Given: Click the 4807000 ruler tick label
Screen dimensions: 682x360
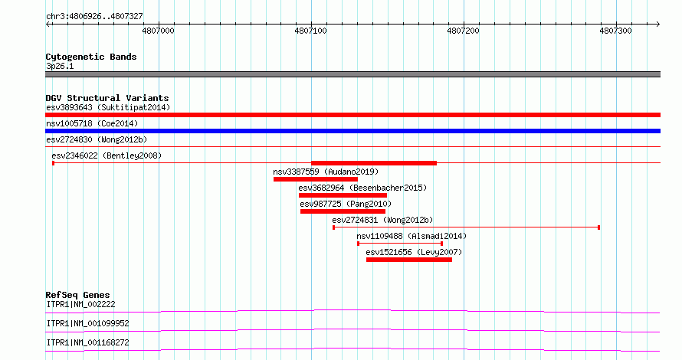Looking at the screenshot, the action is (158, 31).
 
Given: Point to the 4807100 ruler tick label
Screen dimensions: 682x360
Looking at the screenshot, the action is (310, 31).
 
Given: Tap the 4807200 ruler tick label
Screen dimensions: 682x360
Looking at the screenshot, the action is (463, 31).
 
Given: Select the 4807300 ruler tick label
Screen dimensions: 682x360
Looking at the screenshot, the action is (615, 31).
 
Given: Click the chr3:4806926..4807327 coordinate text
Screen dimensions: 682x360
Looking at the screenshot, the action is (94, 17).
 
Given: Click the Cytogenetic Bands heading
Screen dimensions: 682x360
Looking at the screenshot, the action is (91, 57).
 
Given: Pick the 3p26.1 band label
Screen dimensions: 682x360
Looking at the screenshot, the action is (60, 67).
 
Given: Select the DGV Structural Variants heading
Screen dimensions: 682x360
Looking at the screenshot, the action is (107, 98).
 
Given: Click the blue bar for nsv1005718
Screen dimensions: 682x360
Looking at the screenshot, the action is (352, 131).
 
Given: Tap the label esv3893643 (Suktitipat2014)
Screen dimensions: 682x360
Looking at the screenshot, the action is (108, 107).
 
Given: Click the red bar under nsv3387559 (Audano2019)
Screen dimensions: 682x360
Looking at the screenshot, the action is (316, 179).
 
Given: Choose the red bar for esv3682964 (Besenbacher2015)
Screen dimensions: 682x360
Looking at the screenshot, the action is (343, 195).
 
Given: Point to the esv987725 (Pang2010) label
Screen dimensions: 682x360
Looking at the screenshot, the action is (346, 204).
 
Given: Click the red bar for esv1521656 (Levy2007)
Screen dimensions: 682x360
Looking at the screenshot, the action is (409, 260).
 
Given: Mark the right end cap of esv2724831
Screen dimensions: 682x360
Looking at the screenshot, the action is (599, 227).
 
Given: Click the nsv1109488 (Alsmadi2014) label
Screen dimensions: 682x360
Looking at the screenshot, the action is (411, 236).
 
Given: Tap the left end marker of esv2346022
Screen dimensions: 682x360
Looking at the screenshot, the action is (53, 163).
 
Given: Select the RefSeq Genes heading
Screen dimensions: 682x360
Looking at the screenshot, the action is (78, 295).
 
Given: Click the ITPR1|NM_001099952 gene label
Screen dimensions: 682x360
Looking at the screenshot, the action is (88, 323).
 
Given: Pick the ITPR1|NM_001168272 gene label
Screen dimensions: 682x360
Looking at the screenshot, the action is (88, 342).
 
